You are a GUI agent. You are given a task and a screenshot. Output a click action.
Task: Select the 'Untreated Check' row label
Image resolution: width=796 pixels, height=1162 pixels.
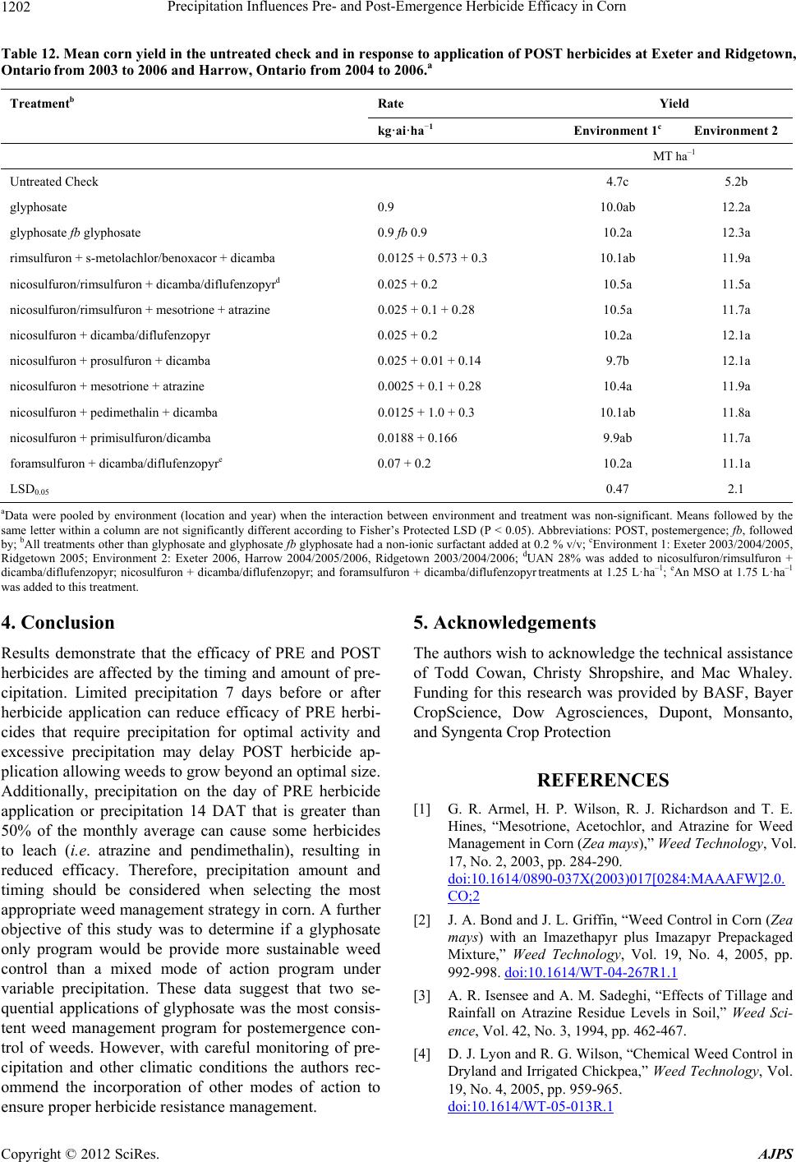[53, 182]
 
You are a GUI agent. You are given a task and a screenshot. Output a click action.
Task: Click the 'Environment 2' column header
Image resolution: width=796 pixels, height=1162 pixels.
[736, 131]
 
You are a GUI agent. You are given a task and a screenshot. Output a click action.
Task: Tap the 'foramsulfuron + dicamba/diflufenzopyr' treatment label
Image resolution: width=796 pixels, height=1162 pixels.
[113, 463]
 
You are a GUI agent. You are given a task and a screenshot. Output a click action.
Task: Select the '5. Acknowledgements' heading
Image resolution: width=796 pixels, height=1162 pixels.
[500, 599]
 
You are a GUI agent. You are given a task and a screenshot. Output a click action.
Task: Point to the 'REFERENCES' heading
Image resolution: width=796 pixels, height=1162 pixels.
[603, 780]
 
